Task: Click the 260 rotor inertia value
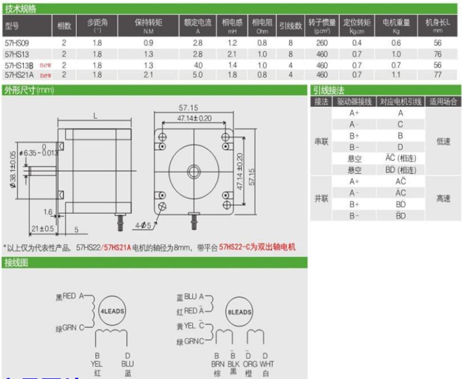click(322, 43)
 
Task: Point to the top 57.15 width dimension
click(194, 108)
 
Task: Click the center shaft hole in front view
click(194, 169)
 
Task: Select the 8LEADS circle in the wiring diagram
click(239, 312)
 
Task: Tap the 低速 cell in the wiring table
click(443, 141)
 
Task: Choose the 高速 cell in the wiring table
click(443, 199)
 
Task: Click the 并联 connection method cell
click(321, 199)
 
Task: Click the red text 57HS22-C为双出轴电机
click(257, 247)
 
